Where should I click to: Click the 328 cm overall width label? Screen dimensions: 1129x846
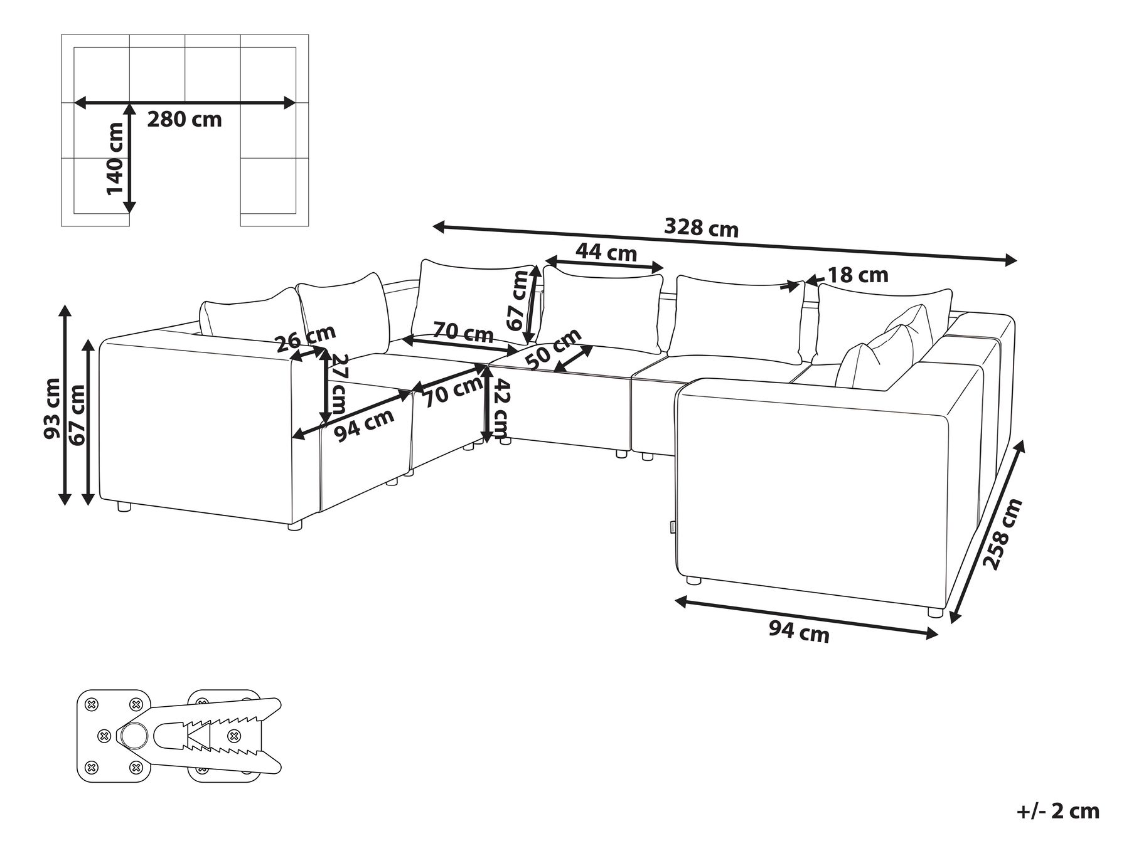[x=701, y=228]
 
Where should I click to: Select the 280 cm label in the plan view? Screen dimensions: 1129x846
[x=185, y=119]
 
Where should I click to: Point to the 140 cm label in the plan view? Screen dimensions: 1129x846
[x=115, y=158]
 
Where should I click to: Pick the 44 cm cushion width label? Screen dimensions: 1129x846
[x=606, y=252]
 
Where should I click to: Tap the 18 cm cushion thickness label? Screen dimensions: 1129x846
[x=858, y=275]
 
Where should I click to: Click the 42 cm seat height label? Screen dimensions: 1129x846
[x=501, y=409]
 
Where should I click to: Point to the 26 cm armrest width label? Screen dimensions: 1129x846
[x=306, y=338]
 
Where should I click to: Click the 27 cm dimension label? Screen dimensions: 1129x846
[x=340, y=384]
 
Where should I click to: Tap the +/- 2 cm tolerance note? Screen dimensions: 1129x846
[x=1057, y=811]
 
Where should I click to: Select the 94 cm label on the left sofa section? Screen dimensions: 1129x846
[x=363, y=425]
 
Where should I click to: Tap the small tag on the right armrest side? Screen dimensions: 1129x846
[x=672, y=526]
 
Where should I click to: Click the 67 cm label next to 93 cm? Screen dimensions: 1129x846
[x=78, y=415]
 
